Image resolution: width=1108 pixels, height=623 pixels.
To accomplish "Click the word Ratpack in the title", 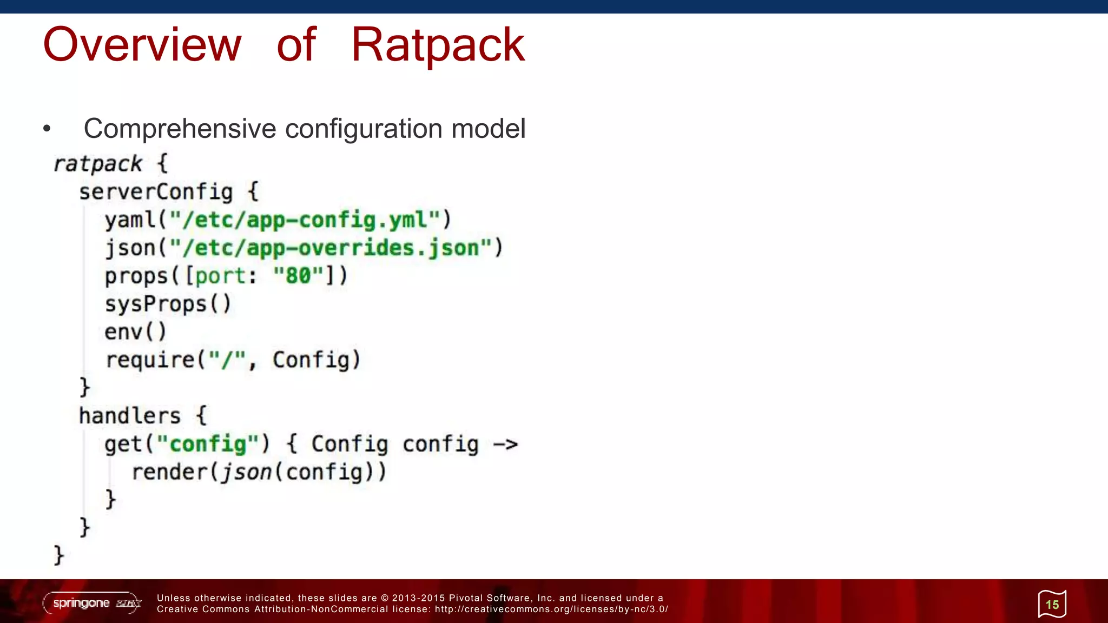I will pos(438,45).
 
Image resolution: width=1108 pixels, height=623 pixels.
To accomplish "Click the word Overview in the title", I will pos(142,45).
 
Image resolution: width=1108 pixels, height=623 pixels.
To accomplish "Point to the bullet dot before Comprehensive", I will pos(47,129).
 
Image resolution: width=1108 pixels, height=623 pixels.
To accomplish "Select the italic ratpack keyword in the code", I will pos(97,164).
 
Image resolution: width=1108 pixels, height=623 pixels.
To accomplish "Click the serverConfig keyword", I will pos(156,192).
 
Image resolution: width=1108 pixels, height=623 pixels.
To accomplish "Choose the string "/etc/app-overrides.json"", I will pos(331,248).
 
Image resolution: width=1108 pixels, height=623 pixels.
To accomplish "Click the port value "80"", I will pos(298,276).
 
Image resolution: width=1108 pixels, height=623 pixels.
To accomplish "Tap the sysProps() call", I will pos(168,304).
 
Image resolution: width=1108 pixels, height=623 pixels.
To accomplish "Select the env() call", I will pos(135,332).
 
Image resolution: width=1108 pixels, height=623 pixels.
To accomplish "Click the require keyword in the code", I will pos(150,360).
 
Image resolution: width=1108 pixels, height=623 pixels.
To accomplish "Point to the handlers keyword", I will pos(130,416).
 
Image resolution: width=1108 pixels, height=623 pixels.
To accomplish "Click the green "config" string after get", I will pos(208,444).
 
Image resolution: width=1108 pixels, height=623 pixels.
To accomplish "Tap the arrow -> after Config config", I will pos(506,445).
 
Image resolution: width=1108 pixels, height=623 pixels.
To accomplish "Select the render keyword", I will pos(169,472).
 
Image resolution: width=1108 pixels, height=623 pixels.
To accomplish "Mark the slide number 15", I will pos(1052,605).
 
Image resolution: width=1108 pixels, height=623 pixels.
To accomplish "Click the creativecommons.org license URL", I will pos(551,609).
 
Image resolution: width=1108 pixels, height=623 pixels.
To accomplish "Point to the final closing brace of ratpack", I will pos(58,555).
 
